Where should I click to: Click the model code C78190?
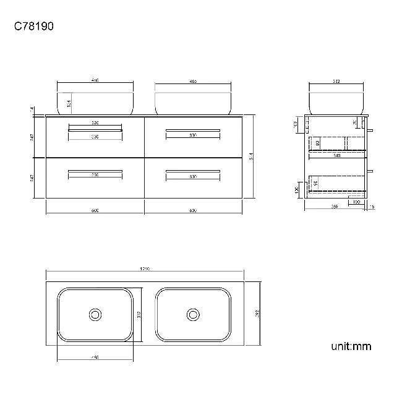[35, 27]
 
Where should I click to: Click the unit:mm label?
[351, 346]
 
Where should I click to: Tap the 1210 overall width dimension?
[145, 270]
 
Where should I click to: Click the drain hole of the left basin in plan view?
[95, 314]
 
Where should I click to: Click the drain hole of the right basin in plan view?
[193, 314]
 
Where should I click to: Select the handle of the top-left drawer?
[95, 130]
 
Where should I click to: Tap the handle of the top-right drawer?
[193, 130]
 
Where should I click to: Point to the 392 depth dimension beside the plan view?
[256, 314]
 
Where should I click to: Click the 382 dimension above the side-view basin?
[336, 81]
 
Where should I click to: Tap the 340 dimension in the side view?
[336, 155]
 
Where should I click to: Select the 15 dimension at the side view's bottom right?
[372, 207]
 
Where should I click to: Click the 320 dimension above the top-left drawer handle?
[95, 123]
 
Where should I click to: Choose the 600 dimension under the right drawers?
[193, 211]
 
